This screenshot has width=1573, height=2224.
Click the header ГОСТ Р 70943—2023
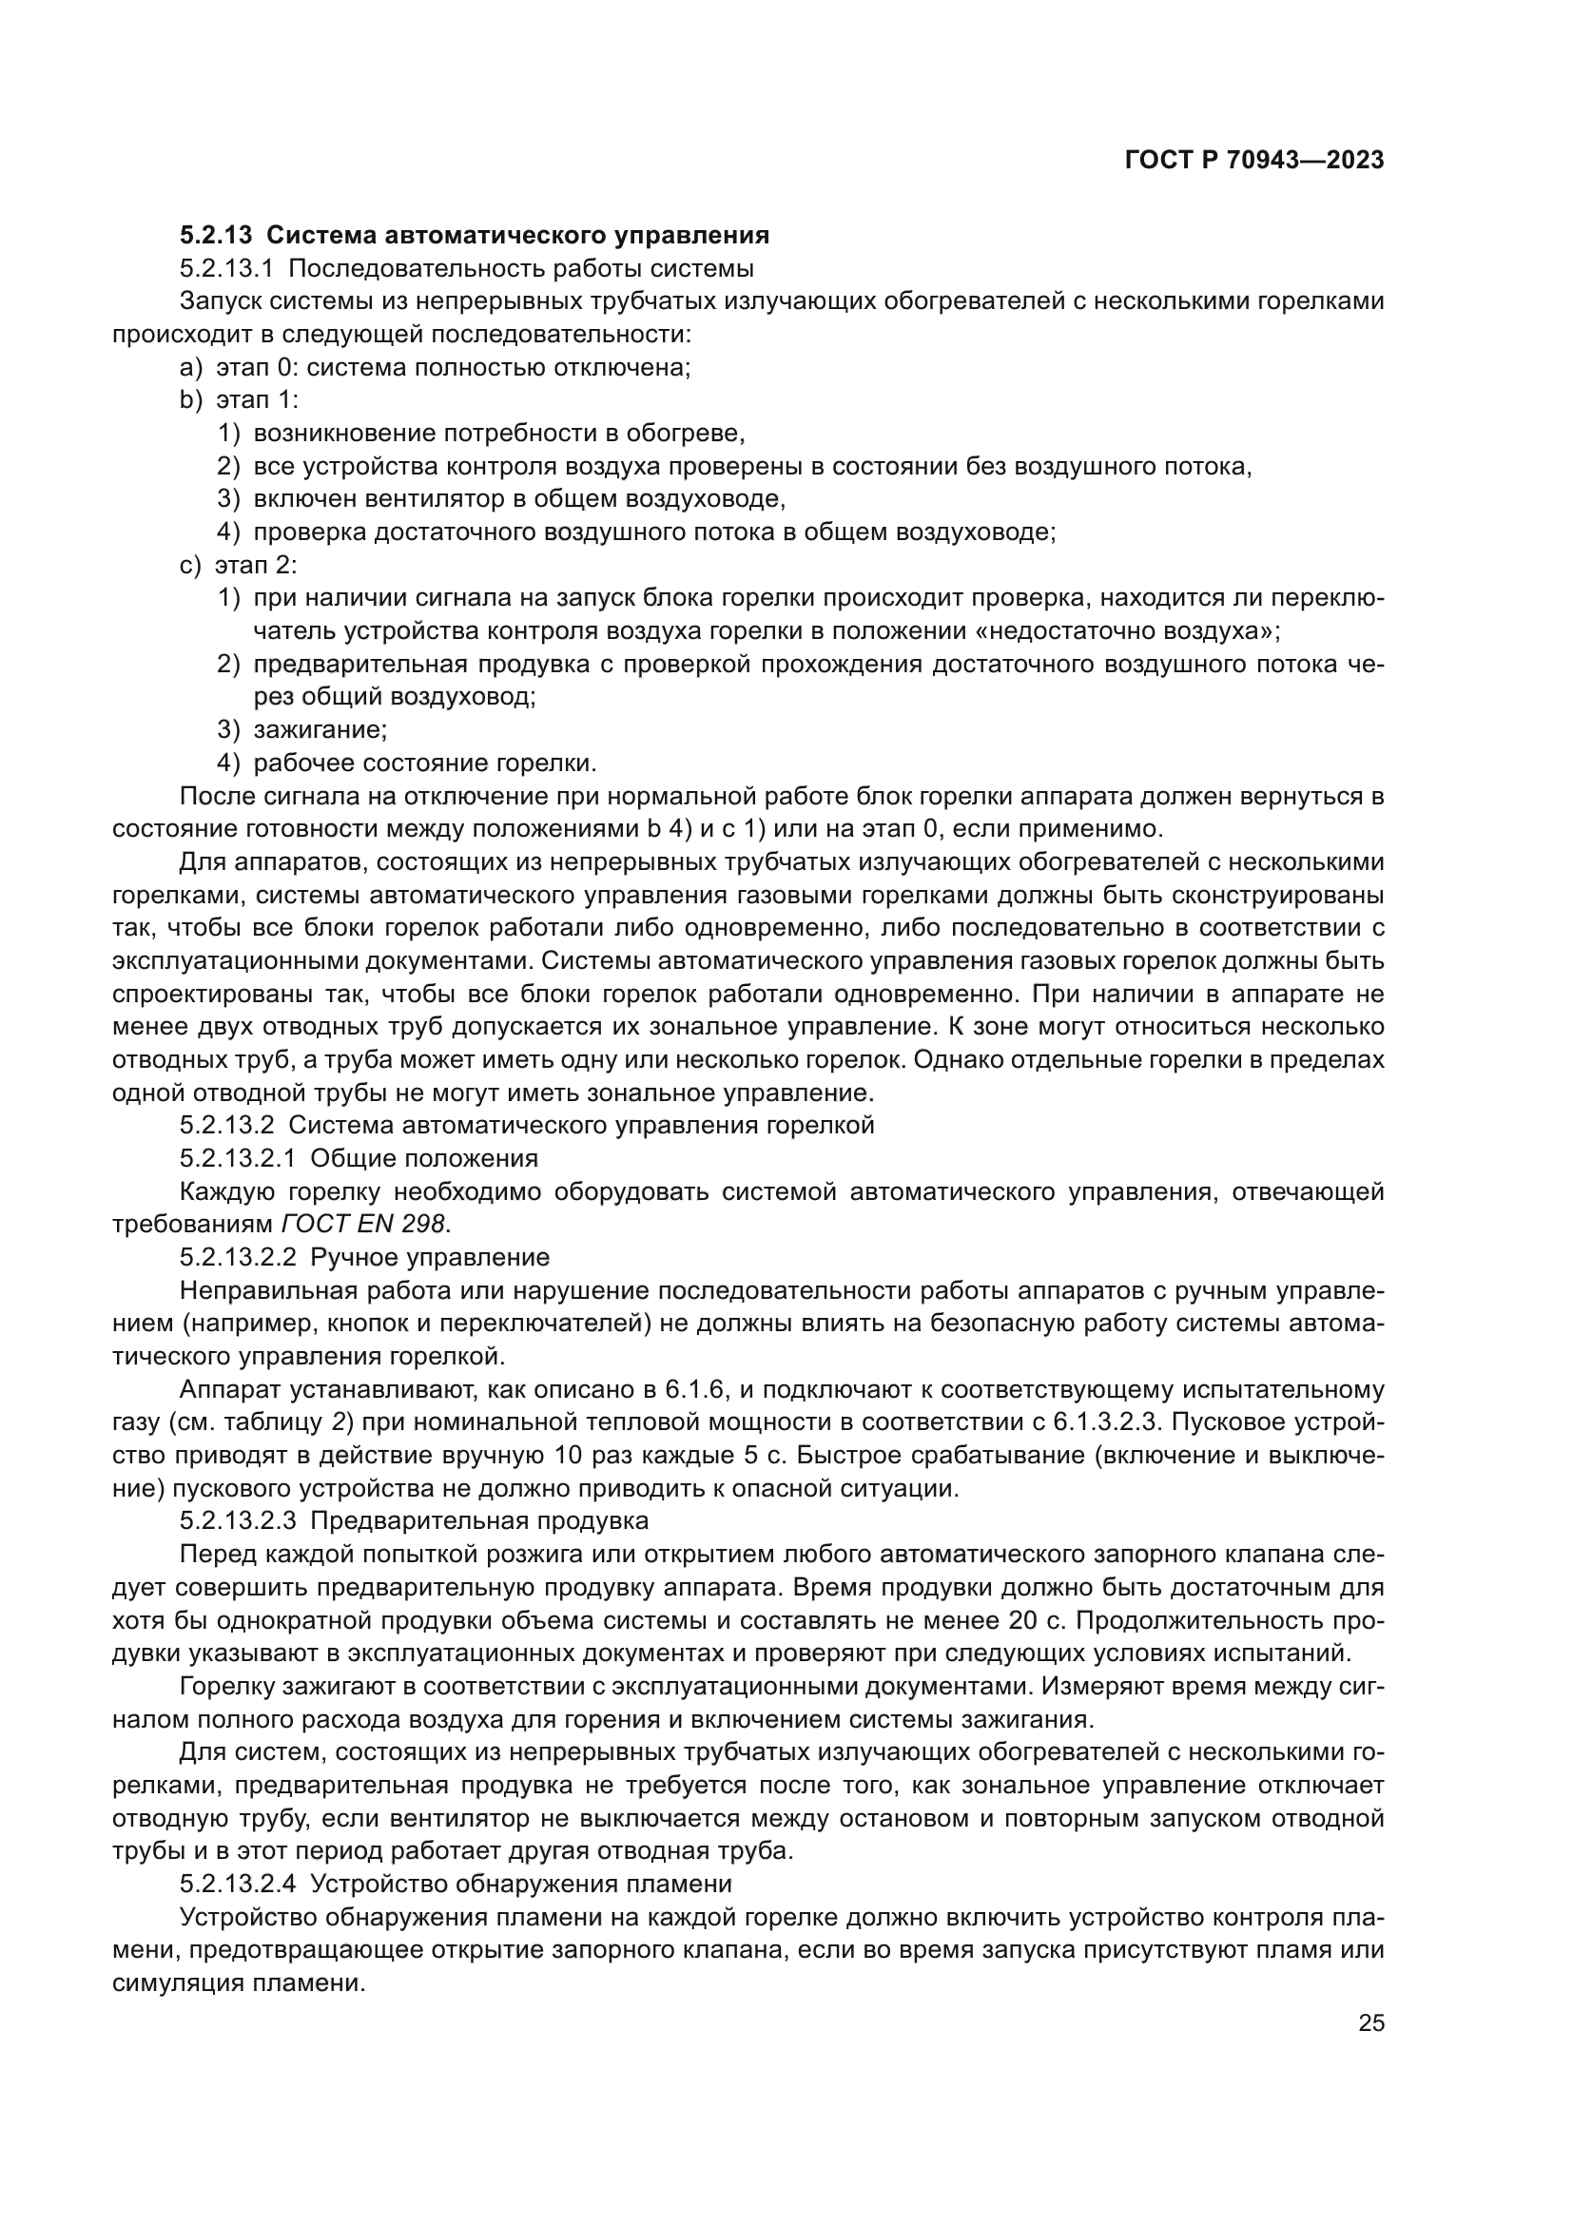point(1253,161)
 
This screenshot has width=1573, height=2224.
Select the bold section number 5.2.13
point(216,236)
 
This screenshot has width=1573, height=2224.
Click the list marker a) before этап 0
point(191,368)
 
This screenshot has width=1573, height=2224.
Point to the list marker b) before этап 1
point(191,401)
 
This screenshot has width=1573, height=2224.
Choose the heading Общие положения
point(423,1158)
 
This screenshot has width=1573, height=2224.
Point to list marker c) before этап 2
point(190,566)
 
